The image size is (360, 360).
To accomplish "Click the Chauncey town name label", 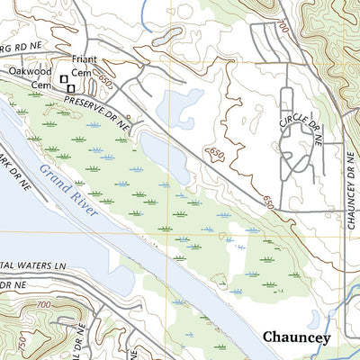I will click(296, 338).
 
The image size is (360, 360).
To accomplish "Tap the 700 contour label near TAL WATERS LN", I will click(40, 306).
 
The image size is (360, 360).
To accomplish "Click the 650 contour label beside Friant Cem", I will click(106, 80).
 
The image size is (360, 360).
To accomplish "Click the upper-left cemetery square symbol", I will click(63, 80).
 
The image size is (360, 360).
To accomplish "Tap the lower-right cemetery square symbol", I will click(70, 88).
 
